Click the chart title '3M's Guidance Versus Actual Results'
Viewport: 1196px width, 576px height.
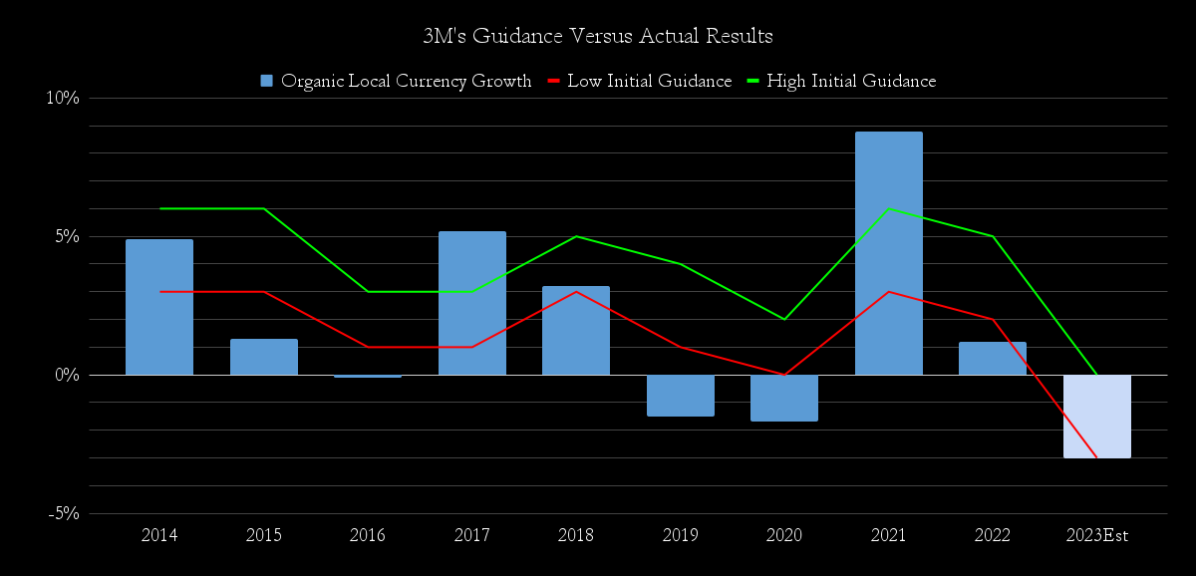598,37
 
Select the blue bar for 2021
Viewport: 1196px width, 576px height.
888,253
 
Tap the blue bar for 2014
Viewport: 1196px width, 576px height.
159,307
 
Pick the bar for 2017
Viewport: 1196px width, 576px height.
471,303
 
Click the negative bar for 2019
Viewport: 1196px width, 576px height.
680,396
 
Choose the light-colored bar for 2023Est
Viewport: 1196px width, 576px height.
1096,417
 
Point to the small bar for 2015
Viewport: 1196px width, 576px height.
263,357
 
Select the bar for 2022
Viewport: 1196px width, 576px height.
992,359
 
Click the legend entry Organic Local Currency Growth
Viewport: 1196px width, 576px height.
396,82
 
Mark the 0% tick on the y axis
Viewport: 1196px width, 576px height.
66,375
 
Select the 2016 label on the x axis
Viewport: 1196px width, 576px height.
368,535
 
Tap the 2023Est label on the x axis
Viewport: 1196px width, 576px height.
1096,535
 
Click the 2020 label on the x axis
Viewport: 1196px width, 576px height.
783,535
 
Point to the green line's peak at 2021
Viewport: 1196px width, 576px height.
888,208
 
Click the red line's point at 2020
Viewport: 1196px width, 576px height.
783,375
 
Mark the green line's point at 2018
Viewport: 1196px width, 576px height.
576,236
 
